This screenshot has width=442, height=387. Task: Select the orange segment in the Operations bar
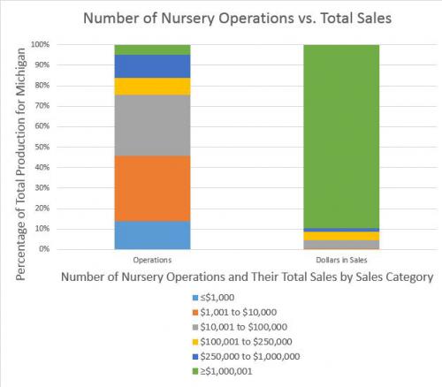point(152,188)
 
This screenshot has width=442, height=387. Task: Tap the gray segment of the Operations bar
point(152,125)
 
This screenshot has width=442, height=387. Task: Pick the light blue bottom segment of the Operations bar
point(152,235)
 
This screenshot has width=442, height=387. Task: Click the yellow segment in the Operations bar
point(152,87)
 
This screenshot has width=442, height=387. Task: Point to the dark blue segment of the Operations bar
point(152,66)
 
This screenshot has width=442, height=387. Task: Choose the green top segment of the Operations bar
point(152,49)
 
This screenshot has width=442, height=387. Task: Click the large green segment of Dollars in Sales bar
point(341,133)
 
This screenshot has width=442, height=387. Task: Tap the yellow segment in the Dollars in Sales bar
point(341,236)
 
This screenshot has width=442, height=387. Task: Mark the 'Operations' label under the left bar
point(152,262)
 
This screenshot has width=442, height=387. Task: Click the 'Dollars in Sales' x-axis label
point(341,262)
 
